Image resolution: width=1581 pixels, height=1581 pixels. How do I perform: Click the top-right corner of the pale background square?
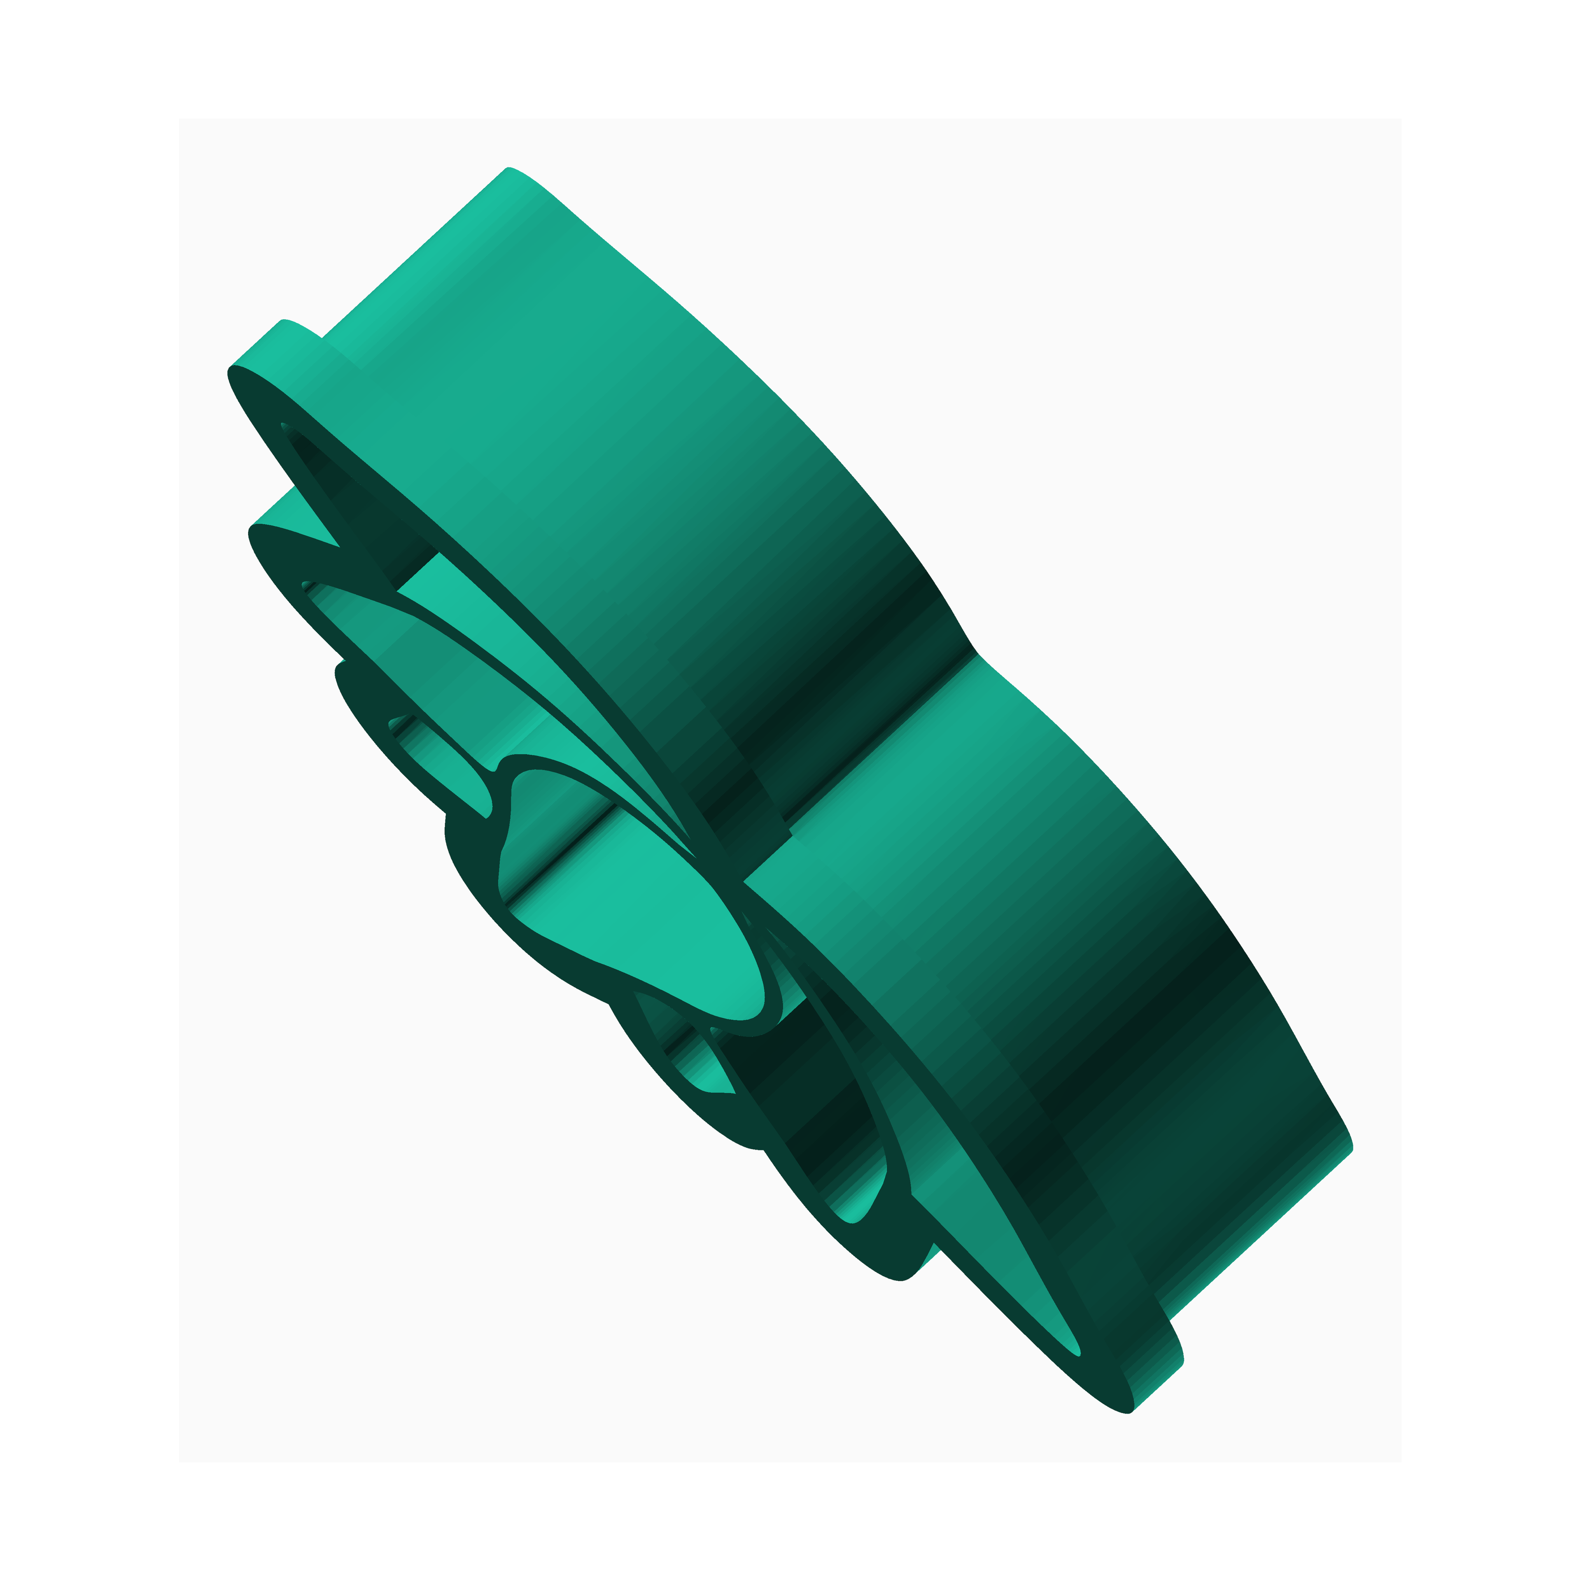click(1401, 119)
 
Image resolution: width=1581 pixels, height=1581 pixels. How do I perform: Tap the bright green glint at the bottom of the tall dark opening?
click(855, 1211)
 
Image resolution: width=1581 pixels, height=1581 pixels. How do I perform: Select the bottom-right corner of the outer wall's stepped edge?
click(1182, 1362)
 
